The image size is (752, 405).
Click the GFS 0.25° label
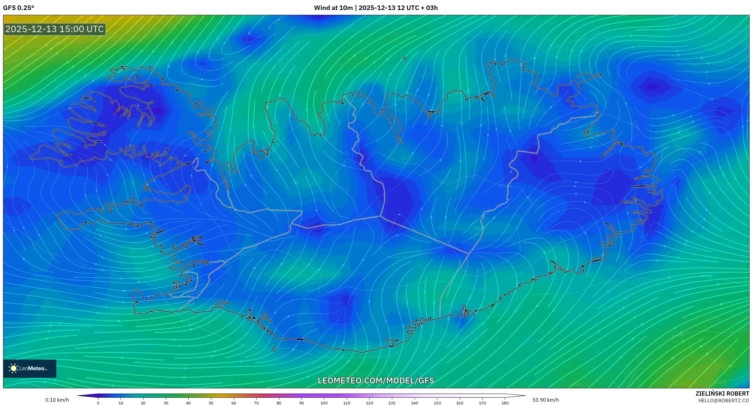19,8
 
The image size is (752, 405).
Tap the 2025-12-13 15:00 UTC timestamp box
55,29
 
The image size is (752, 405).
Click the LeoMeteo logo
30,368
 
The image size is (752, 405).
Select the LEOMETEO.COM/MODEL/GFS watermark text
376,380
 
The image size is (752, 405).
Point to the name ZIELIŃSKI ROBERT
722,393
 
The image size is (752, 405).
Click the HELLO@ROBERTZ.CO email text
724,400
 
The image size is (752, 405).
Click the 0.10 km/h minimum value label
57,400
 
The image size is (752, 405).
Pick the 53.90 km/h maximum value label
545,400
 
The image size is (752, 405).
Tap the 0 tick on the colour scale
98,403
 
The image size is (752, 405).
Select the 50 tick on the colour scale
211,403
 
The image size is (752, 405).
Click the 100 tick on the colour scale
324,403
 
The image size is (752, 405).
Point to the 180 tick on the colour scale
505,403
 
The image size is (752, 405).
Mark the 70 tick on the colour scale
256,403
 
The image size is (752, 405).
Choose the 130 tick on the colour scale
392,403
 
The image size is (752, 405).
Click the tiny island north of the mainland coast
405,58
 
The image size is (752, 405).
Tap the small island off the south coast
274,350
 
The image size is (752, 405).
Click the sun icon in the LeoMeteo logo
13,368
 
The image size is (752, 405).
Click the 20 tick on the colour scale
143,403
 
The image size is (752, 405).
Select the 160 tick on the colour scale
460,403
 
